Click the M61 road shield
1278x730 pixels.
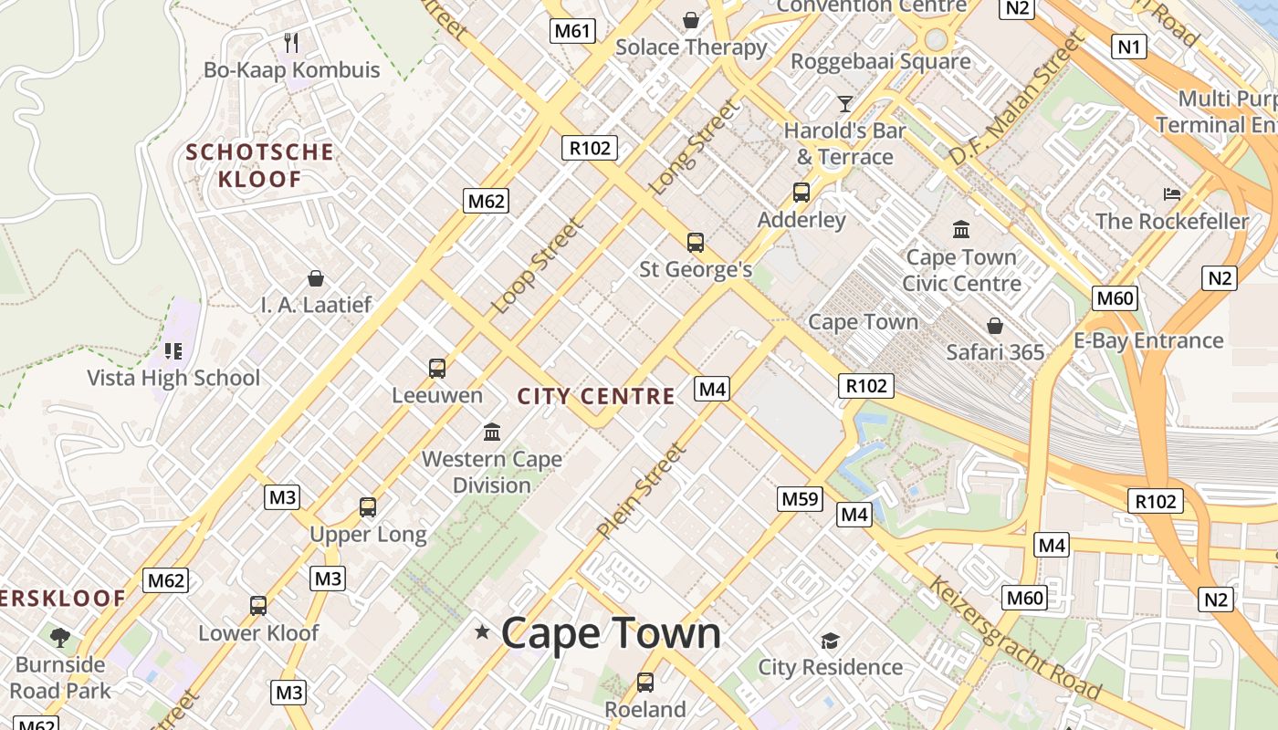coord(572,31)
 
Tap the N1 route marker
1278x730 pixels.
coord(1128,46)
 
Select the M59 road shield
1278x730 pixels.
coord(800,499)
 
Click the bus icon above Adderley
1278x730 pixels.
coord(801,193)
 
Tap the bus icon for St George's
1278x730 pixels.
coord(695,243)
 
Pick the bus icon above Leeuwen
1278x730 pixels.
coord(437,369)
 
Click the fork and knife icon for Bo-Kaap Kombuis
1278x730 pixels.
coord(291,42)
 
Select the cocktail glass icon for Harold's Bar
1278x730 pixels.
coord(844,103)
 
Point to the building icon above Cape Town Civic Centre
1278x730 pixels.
coord(960,229)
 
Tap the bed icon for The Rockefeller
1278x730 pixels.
coord(1172,193)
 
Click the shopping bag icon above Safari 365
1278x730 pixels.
coord(994,325)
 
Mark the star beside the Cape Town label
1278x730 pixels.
coord(482,631)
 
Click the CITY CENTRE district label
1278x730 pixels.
coord(596,397)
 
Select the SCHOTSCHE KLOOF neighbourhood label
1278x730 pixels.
coord(260,165)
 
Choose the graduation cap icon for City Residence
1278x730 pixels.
coord(829,640)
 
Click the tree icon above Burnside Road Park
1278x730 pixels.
coord(60,637)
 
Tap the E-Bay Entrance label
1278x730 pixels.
coord(1147,340)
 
